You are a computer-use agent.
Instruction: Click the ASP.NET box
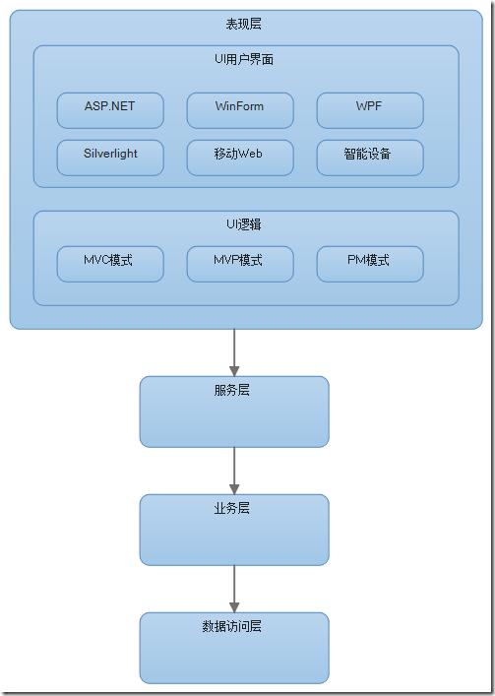(x=110, y=110)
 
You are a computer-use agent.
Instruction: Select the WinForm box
(x=240, y=110)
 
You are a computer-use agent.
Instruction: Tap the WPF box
(x=370, y=110)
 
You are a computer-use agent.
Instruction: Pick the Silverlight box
(x=110, y=158)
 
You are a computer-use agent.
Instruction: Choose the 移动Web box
(x=240, y=158)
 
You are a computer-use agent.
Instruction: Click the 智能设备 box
(x=370, y=158)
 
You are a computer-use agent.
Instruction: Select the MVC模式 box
(x=110, y=264)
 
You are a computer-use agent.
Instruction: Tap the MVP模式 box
(x=240, y=264)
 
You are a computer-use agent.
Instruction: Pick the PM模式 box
(x=370, y=264)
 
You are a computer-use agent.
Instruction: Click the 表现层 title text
(x=244, y=25)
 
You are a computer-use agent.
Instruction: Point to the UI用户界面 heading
(x=244, y=60)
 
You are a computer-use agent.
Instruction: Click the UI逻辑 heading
(x=244, y=224)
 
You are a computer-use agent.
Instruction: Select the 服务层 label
(x=232, y=390)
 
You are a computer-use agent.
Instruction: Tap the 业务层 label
(x=232, y=508)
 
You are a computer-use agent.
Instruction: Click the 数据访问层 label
(x=232, y=626)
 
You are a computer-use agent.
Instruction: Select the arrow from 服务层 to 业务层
(x=234, y=471)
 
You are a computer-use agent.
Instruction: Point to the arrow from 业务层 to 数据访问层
(x=234, y=589)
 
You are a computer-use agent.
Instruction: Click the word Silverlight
(x=110, y=155)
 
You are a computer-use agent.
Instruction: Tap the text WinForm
(x=240, y=106)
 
